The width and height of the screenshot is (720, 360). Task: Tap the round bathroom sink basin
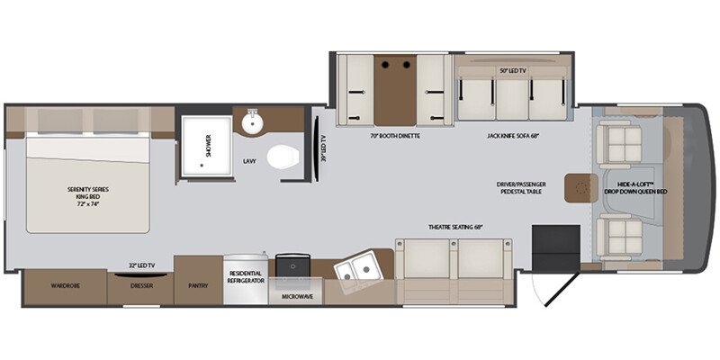point(252,122)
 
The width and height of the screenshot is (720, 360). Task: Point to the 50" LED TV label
point(512,69)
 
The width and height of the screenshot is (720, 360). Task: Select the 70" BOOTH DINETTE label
point(395,137)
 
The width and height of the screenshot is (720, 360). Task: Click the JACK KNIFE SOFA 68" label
point(513,137)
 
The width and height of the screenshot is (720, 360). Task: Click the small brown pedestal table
point(577,188)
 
